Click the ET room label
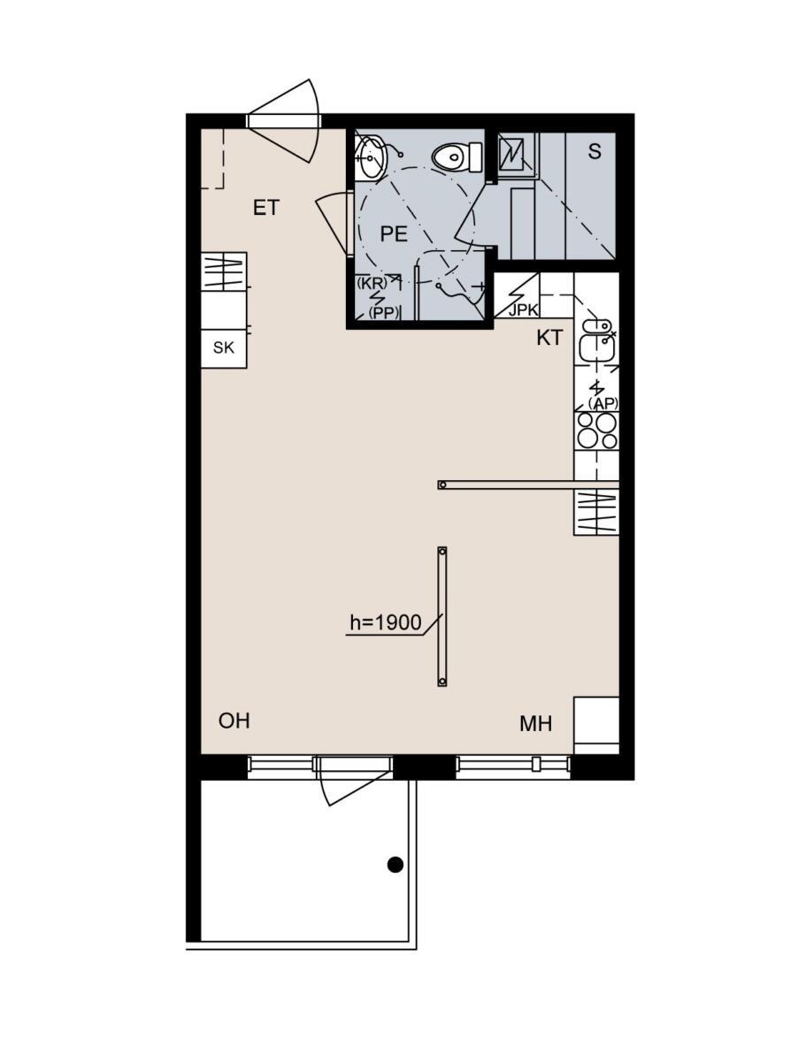click(265, 208)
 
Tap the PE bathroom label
click(394, 234)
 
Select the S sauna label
click(595, 152)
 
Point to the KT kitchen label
click(549, 338)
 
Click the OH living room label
click(234, 721)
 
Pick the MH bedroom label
click(536, 724)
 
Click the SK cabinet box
click(224, 348)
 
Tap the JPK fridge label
click(523, 310)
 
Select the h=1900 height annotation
click(386, 622)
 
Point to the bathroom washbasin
click(370, 156)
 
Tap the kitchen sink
click(596, 340)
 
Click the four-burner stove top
click(596, 431)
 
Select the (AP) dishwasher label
click(603, 403)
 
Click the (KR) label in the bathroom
click(372, 283)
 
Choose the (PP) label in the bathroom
click(384, 313)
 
